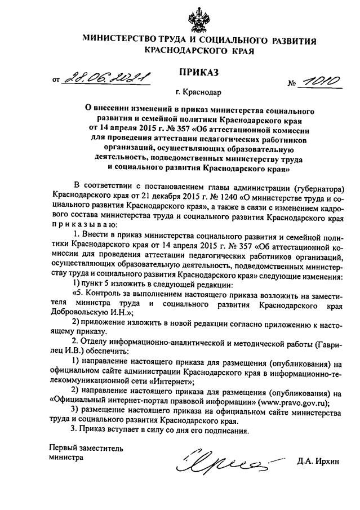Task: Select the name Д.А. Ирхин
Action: [x=319, y=462]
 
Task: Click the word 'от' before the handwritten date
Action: [x=55, y=81]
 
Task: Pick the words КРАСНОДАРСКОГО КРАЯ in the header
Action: [x=199, y=51]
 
